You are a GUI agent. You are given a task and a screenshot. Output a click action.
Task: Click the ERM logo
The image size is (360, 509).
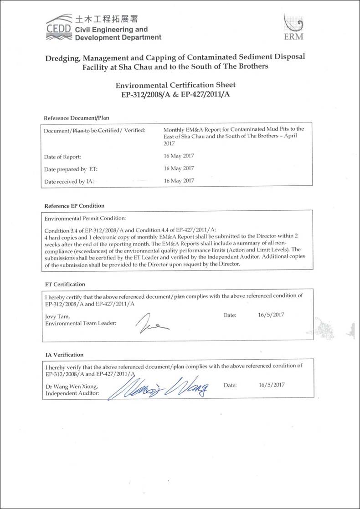pos(293,28)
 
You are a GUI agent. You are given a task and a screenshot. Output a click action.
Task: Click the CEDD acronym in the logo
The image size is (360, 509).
pos(59,29)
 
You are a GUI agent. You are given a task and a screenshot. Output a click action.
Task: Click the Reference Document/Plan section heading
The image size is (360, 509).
pos(77,118)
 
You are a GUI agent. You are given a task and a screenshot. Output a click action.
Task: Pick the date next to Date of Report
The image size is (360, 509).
pos(179,156)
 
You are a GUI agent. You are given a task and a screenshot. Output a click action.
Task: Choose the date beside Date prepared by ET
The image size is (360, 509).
pos(179,168)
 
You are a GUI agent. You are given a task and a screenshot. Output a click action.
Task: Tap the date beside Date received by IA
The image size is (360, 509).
pos(179,180)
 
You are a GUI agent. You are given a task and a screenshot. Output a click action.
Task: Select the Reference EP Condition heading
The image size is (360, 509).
pos(74,205)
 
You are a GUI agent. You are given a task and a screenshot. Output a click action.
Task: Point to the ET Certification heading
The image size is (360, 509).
pos(65,284)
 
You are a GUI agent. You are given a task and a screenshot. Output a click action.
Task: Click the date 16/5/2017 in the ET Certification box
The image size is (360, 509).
pos(271,315)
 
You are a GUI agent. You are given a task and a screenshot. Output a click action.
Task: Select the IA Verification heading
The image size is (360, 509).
pos(64,355)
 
